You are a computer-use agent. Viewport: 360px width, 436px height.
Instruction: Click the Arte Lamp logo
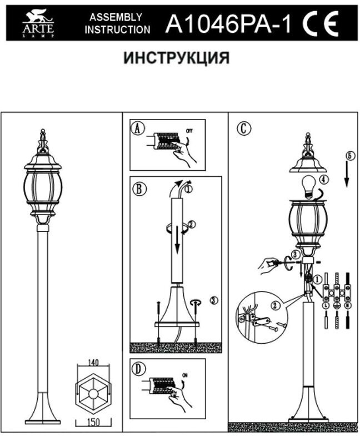coord(38,24)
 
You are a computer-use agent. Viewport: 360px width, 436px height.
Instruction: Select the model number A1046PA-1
coord(228,24)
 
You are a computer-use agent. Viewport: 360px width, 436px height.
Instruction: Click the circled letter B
coord(138,188)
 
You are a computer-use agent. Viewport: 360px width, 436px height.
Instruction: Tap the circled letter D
coord(138,369)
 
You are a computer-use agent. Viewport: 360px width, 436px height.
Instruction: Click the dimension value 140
coord(93,363)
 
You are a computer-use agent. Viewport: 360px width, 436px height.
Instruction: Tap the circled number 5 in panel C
coord(348,155)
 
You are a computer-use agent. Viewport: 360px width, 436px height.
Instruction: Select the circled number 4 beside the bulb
coord(325,180)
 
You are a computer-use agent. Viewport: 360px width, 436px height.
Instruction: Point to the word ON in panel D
coord(186,375)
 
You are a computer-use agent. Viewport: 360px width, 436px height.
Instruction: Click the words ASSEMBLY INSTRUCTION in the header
coord(117,24)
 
